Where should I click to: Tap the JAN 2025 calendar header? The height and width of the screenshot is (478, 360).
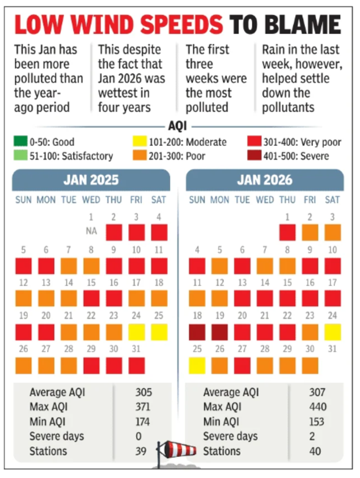pos(91,180)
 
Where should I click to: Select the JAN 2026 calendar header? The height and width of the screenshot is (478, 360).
pos(265,180)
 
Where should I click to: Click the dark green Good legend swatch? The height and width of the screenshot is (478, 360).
pos(19,142)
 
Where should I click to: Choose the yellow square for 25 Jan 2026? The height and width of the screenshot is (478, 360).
pos(197,366)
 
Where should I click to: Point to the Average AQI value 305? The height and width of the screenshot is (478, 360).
pos(144,392)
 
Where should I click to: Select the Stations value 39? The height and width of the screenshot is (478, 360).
pos(141,451)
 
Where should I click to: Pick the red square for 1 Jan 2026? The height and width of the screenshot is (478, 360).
pos(287,232)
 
